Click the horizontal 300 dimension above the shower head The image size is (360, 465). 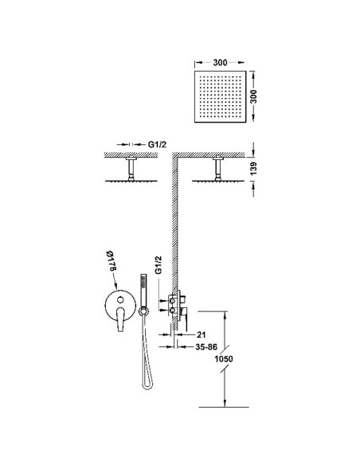coord(220,63)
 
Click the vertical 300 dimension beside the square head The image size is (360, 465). coord(253,96)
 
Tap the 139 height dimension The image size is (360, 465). coord(253,169)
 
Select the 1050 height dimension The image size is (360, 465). coord(224,359)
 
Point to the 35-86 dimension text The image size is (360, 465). coord(206,346)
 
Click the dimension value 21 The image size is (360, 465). coord(201,334)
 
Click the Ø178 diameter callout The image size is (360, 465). coord(111,260)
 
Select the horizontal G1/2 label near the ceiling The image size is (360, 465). coord(157,144)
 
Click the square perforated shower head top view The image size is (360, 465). coord(221,96)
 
